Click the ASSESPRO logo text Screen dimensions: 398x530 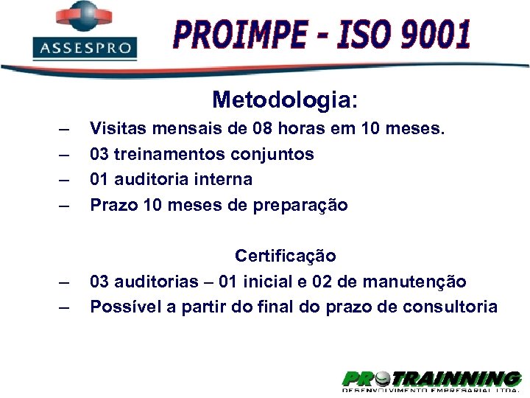pyautogui.click(x=85, y=49)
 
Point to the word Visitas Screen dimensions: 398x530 pyautogui.click(x=115, y=129)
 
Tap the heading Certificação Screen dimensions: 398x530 pyautogui.click(x=286, y=256)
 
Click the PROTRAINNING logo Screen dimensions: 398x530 pyautogui.click(x=431, y=380)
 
